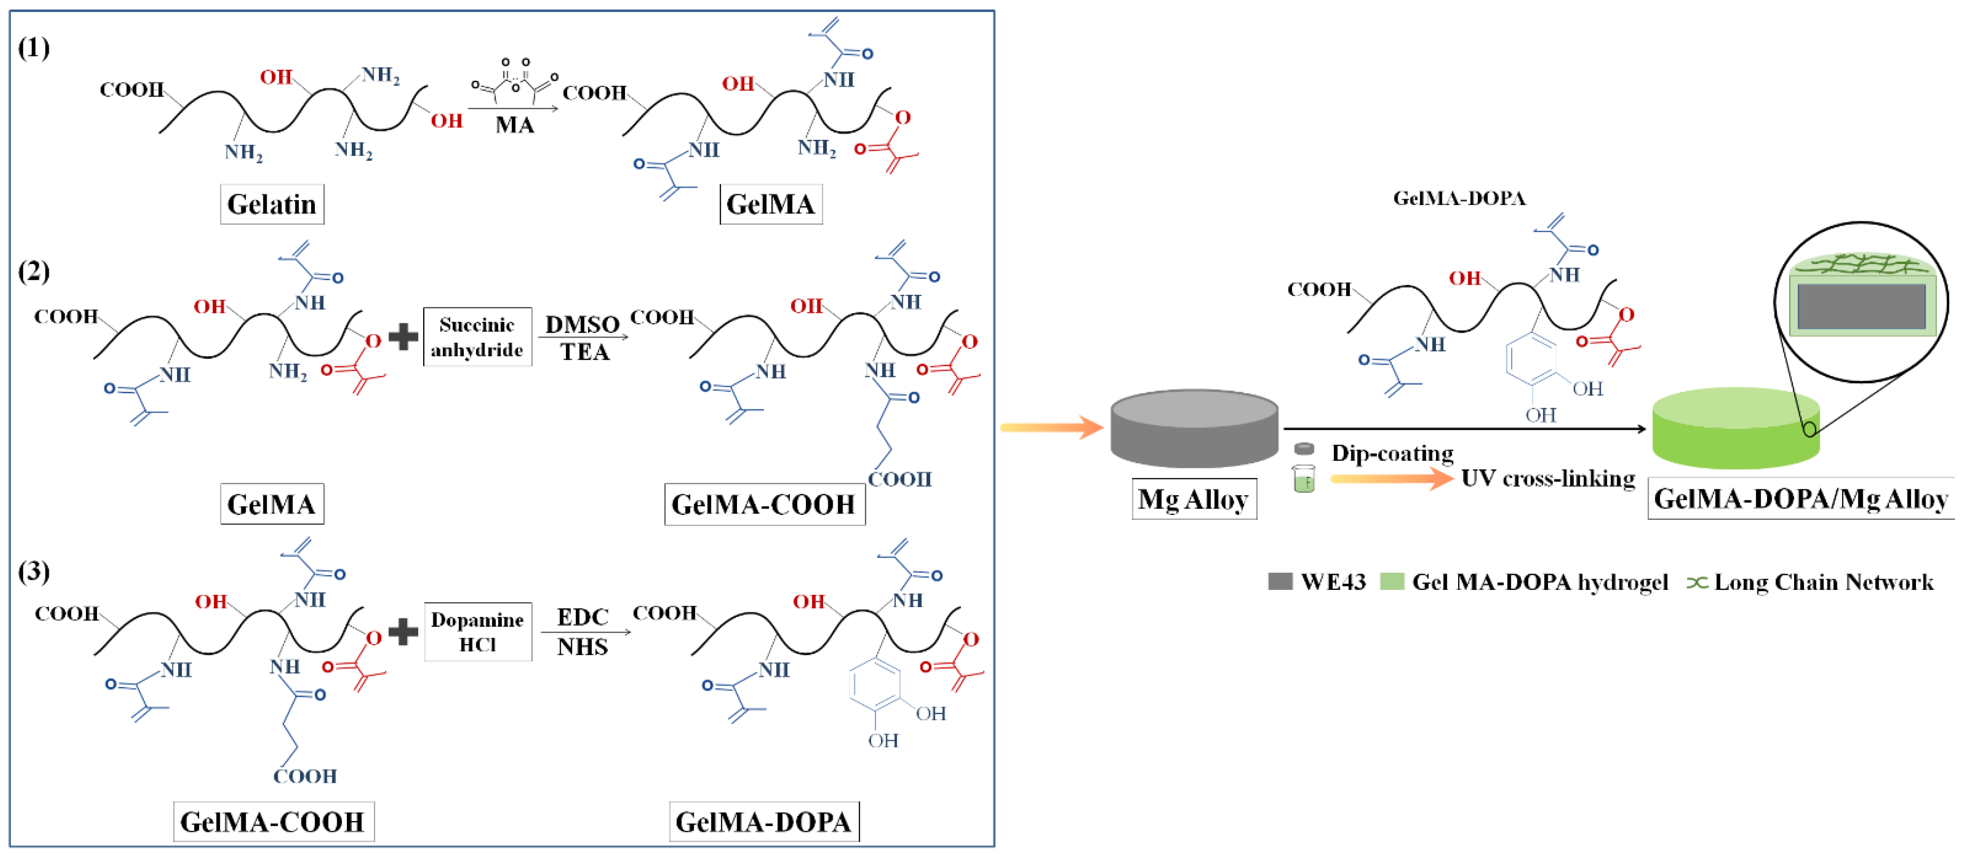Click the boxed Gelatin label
coord(272,204)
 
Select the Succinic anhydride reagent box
coord(477,337)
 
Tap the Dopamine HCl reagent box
coord(477,632)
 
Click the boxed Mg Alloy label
coord(1194,500)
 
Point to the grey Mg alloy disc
coord(1194,428)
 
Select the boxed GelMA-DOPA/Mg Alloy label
coord(1800,499)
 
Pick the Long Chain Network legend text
coord(1823,582)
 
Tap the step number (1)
coord(33,48)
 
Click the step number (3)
coord(33,571)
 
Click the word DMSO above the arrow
coord(582,325)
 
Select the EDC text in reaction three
coord(582,617)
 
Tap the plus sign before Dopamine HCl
coord(403,632)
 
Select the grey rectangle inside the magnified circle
coord(1861,306)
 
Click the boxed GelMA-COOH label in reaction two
coord(764,504)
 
